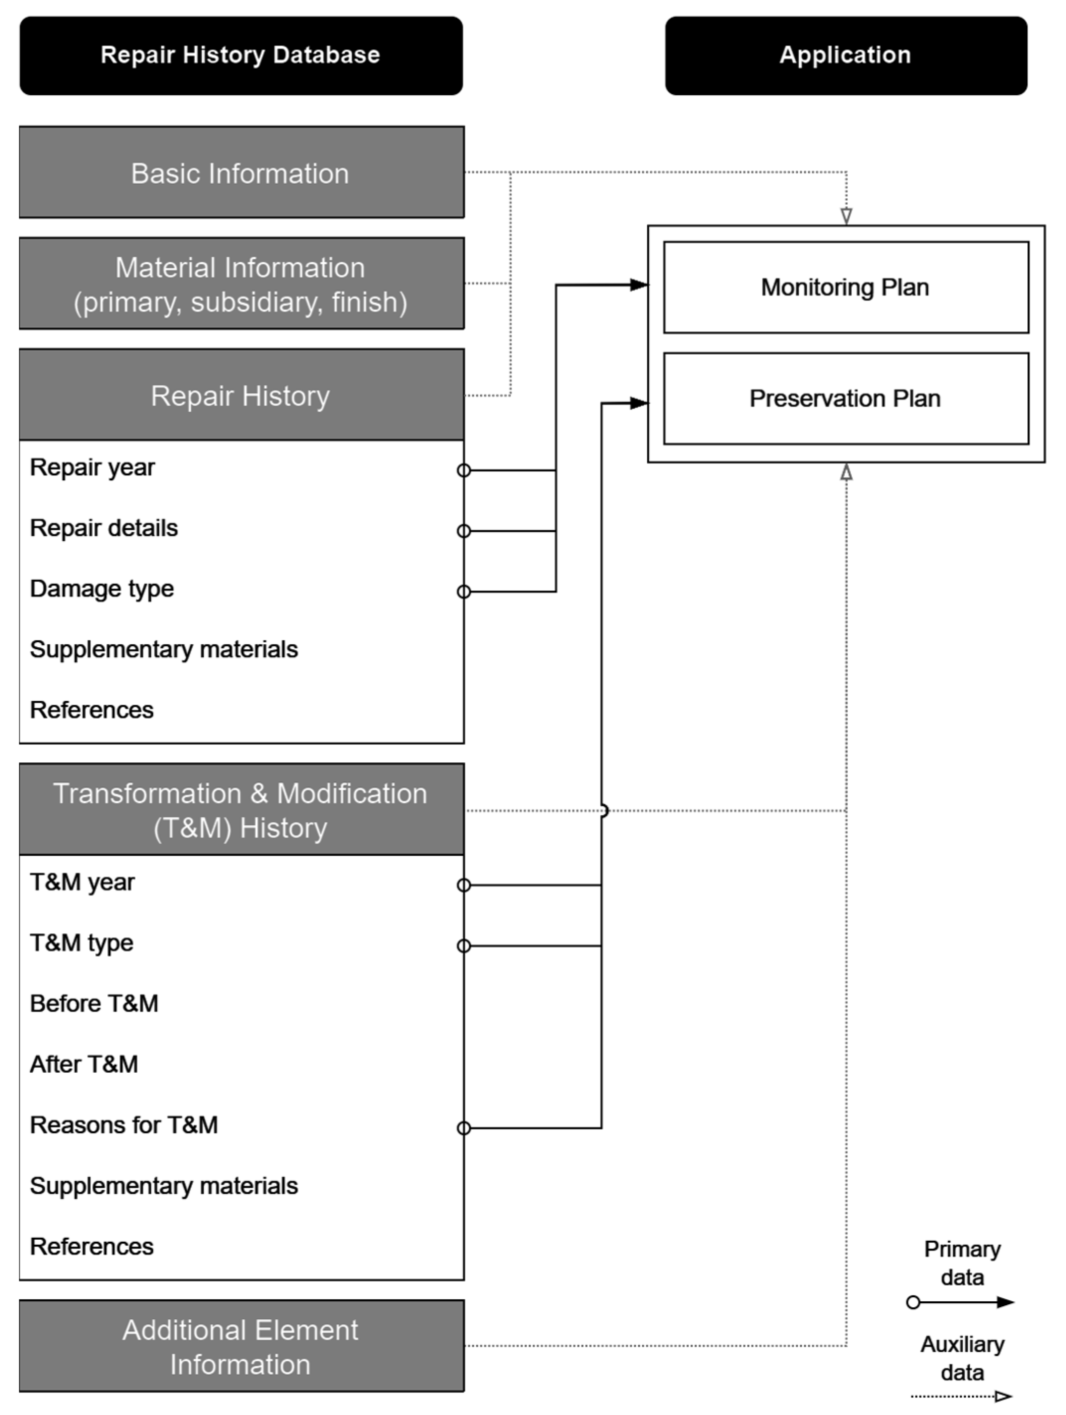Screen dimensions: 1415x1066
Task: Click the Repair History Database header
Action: [x=240, y=56]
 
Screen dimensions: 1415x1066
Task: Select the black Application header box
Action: [x=845, y=56]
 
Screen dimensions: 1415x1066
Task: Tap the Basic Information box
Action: [x=240, y=173]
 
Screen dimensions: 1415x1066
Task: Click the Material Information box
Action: [x=240, y=284]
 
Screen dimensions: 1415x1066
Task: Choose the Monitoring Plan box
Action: [x=845, y=287]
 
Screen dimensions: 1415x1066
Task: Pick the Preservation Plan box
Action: [x=845, y=398]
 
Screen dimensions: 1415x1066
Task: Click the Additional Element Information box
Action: [x=240, y=1346]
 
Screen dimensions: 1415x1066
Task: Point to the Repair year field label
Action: [x=92, y=468]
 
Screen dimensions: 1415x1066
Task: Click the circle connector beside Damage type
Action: [x=463, y=592]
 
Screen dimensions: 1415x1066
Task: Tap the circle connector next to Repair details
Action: [x=463, y=531]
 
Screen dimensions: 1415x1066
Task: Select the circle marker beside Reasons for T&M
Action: [x=463, y=1128]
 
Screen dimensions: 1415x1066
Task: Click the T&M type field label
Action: [x=81, y=943]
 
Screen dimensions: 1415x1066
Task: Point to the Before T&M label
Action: [x=93, y=1003]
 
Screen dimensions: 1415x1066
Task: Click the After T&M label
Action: [x=84, y=1064]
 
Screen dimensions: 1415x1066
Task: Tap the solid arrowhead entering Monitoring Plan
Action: [x=639, y=285]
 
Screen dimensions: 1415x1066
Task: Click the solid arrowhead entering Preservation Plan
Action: [x=639, y=403]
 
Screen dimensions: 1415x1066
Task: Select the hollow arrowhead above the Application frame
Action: [x=846, y=216]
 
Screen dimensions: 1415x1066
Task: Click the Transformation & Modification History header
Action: [x=240, y=810]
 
